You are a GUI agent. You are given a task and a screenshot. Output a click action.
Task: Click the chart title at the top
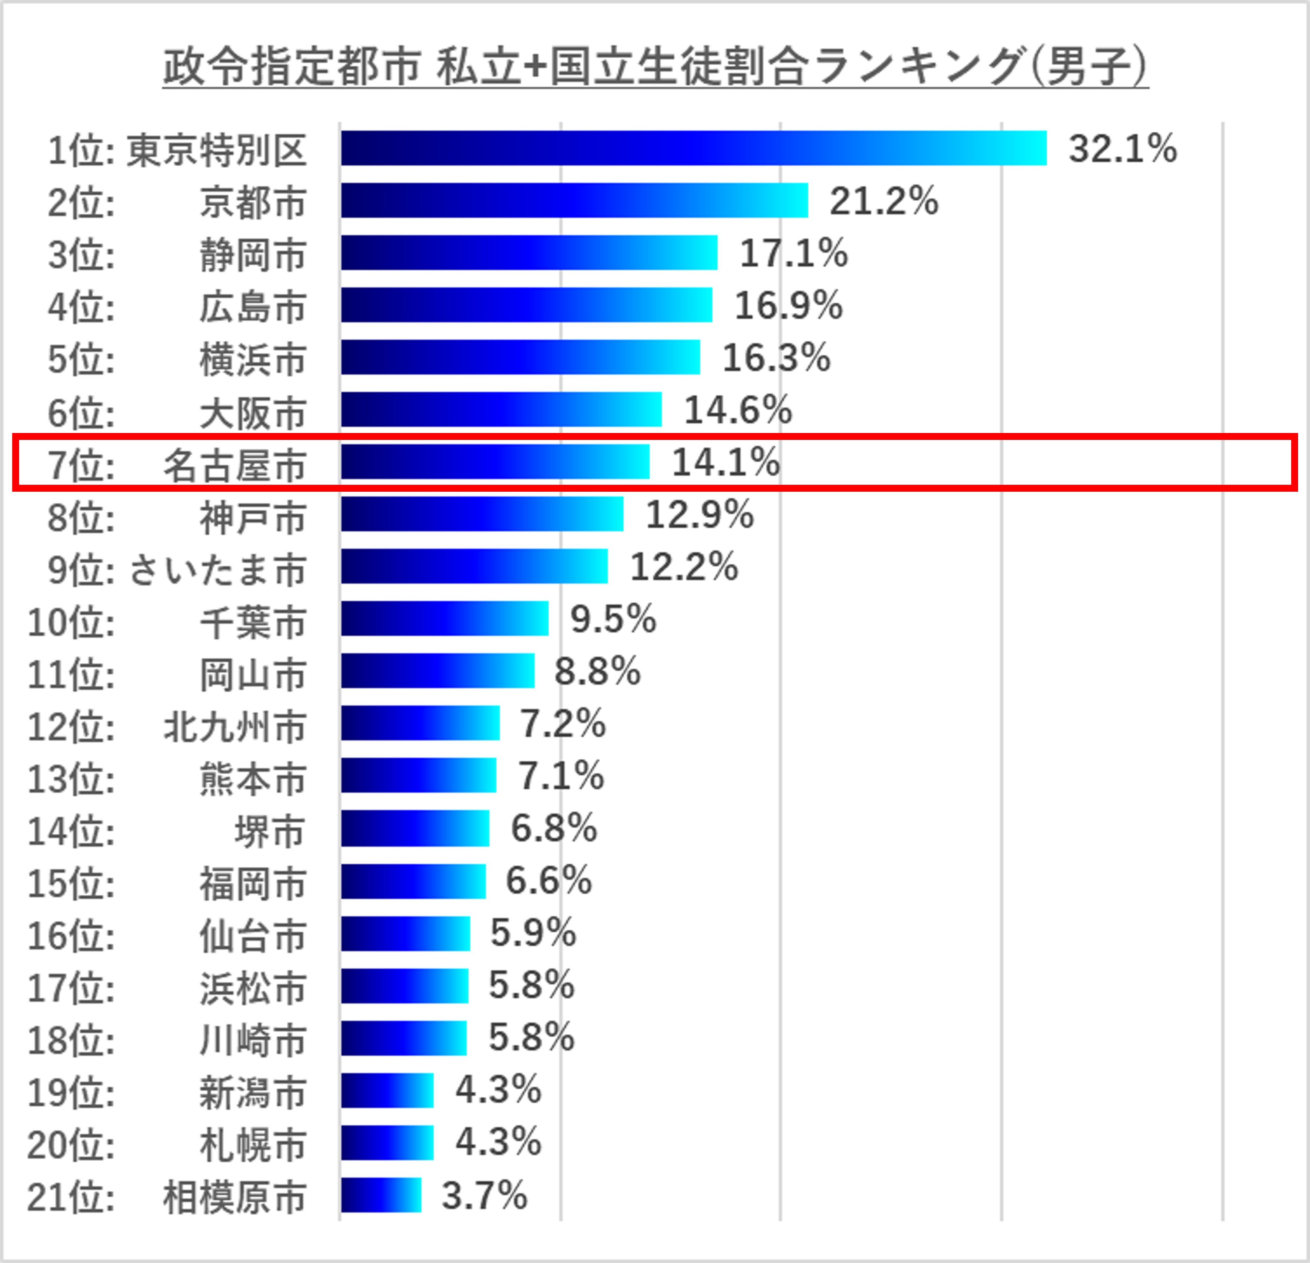tap(655, 67)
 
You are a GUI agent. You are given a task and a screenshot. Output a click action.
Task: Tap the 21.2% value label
tap(884, 201)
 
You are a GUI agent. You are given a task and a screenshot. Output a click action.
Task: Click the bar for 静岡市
tap(529, 253)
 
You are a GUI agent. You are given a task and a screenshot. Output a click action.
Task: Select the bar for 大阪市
tap(501, 409)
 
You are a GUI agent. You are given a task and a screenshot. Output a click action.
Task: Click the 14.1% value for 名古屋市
tap(725, 462)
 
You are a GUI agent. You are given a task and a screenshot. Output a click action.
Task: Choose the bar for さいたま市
tap(475, 566)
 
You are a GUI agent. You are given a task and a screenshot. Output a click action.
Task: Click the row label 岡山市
tap(253, 675)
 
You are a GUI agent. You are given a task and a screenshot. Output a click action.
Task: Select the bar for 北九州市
tap(420, 723)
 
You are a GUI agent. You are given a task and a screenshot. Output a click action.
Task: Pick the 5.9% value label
tap(533, 933)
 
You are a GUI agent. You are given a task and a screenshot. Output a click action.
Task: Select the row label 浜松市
tap(253, 988)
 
